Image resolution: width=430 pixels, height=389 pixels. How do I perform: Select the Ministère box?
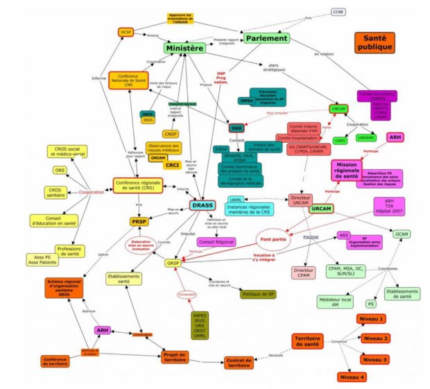pos(185,49)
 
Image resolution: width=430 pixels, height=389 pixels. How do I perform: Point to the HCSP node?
pos(126,31)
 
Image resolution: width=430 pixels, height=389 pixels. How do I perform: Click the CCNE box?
pos(337,12)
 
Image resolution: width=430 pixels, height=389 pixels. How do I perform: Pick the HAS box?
pos(238,128)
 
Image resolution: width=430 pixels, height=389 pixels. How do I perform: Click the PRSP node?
pos(139,222)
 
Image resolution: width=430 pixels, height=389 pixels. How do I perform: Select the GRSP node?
pos(173,263)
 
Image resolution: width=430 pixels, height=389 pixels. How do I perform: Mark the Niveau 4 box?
pos(352,377)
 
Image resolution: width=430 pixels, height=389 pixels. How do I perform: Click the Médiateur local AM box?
pos(336,302)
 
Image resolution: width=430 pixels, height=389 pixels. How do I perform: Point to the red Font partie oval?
pos(273,240)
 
